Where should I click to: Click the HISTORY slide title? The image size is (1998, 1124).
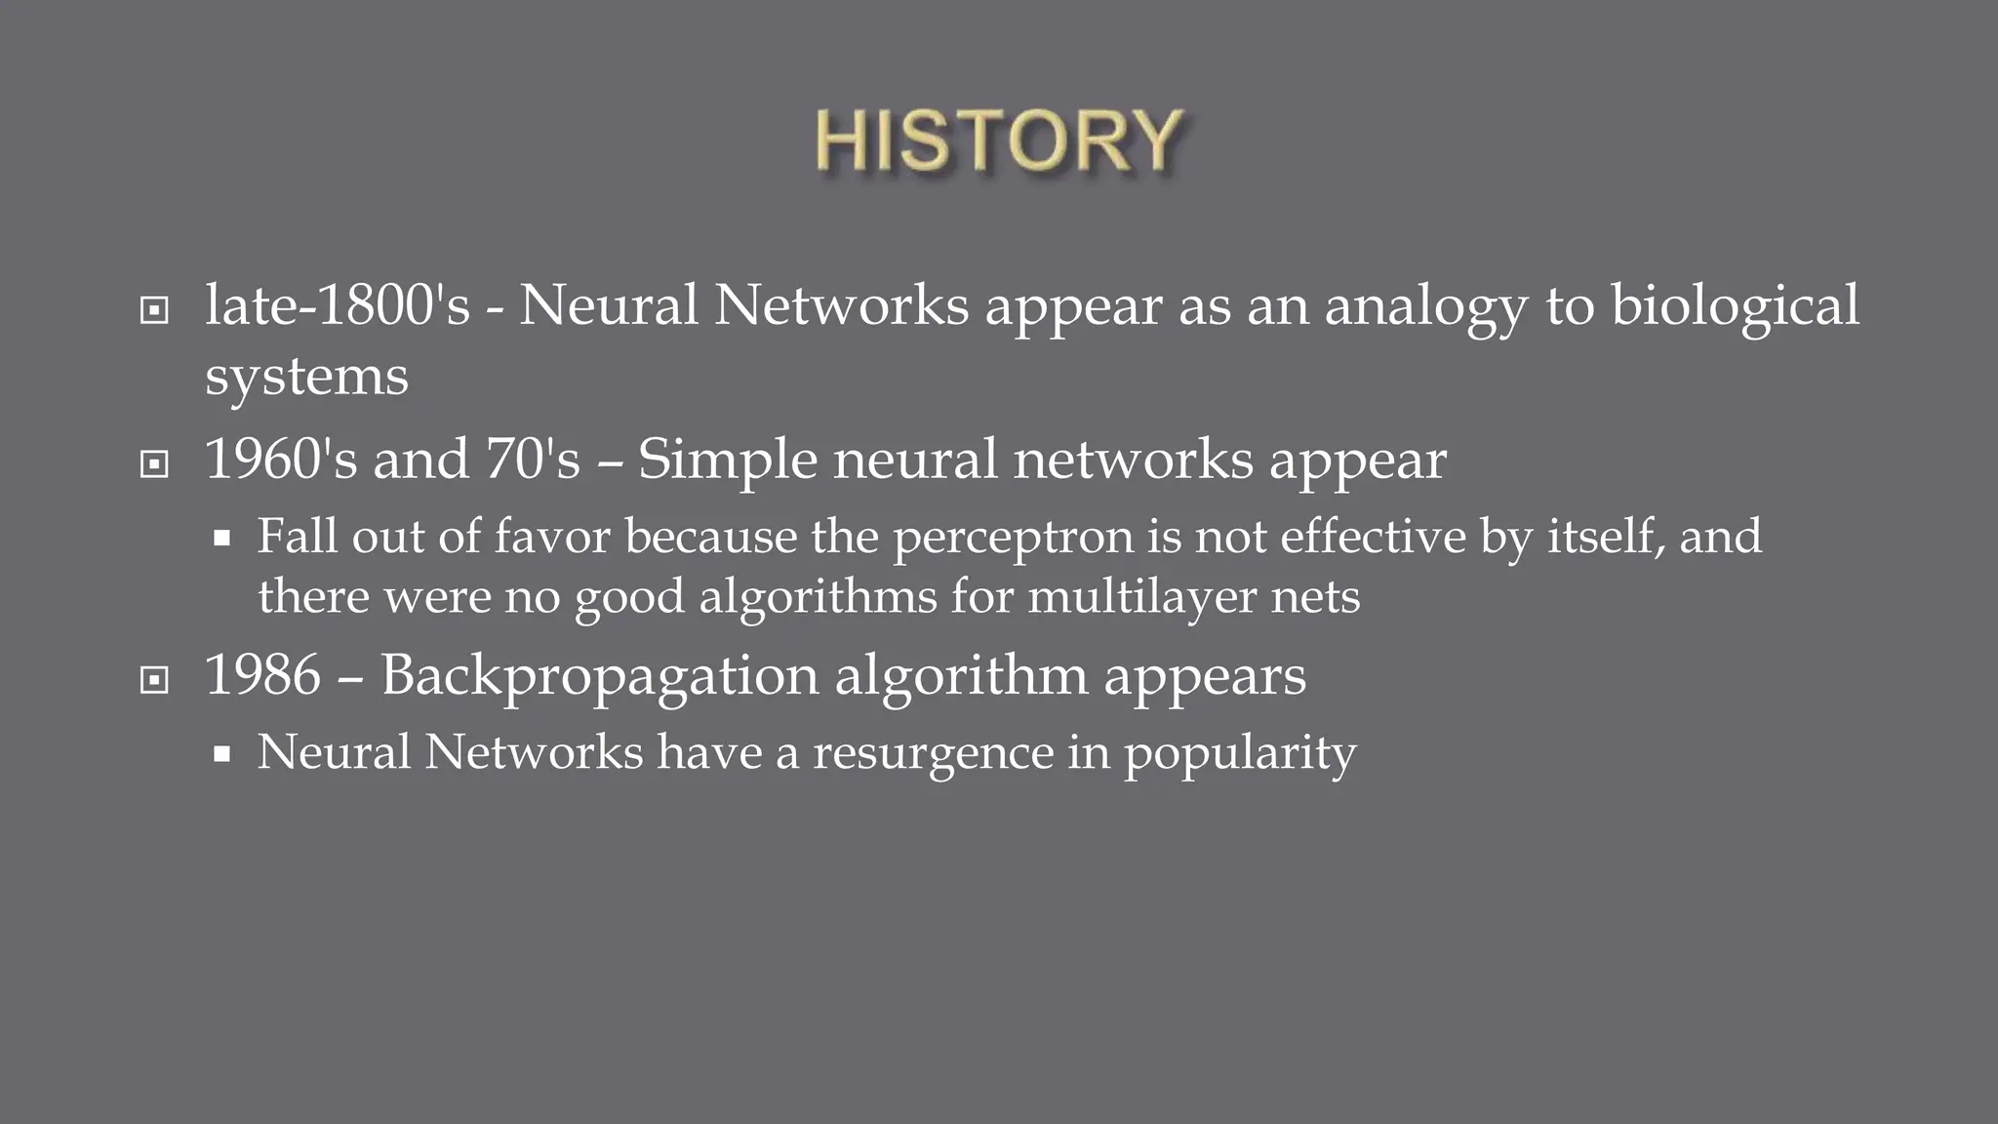click(x=999, y=142)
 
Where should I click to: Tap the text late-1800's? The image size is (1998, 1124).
click(x=338, y=305)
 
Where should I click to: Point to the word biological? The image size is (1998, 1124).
click(x=1735, y=307)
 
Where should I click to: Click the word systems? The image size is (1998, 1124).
click(x=306, y=378)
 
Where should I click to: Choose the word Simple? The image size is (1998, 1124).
click(x=727, y=461)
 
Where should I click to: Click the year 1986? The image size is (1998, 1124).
click(x=262, y=675)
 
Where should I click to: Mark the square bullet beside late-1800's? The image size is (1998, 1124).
click(x=154, y=311)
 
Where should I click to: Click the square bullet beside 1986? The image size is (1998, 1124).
click(x=154, y=680)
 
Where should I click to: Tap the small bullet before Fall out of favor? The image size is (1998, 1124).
click(x=221, y=538)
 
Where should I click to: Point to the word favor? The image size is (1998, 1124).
click(x=552, y=537)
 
